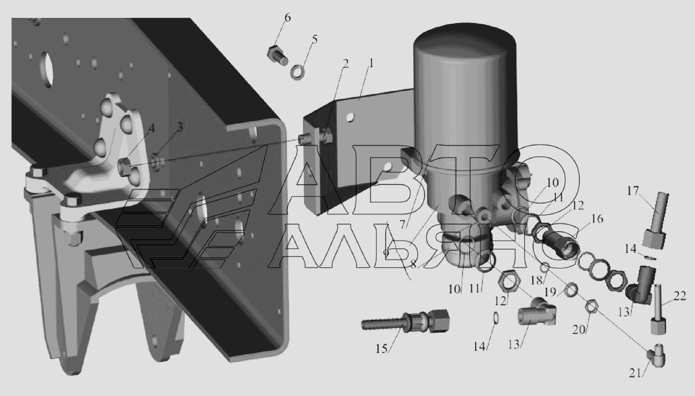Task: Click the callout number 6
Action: (x=288, y=18)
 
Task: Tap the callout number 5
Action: (x=315, y=40)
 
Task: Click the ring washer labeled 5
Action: (x=297, y=72)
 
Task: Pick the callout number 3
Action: (x=180, y=126)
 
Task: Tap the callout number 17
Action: (x=633, y=190)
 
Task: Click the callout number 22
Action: (x=680, y=296)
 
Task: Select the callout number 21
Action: (x=635, y=373)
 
